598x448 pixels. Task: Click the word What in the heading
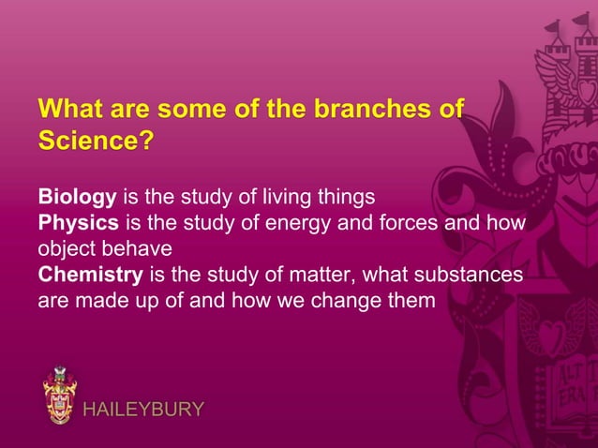pyautogui.click(x=70, y=109)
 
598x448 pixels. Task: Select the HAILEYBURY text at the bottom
pyautogui.click(x=143, y=410)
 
